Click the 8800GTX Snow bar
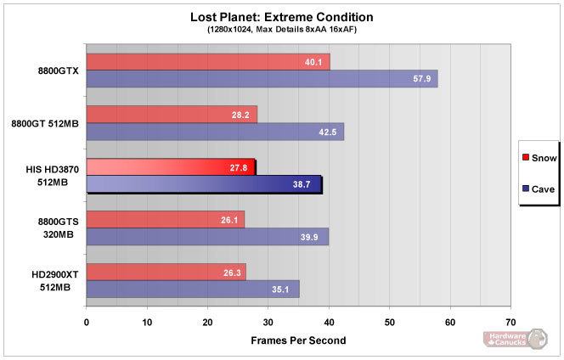[207, 61]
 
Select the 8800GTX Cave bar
[262, 79]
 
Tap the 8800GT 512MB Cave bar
[215, 132]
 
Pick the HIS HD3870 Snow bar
[170, 167]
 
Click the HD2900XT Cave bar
[192, 290]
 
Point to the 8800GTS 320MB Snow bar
[165, 220]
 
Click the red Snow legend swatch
[527, 157]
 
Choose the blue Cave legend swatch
[527, 188]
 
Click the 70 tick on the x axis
[510, 323]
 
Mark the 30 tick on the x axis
[268, 323]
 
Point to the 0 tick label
[87, 323]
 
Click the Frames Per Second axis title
[298, 340]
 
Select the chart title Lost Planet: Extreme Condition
[281, 16]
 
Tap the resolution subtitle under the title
[281, 30]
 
